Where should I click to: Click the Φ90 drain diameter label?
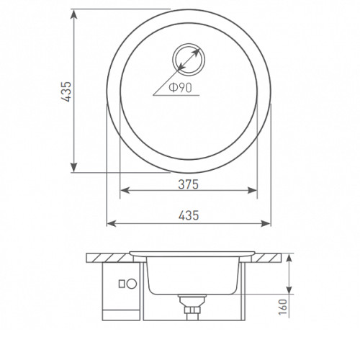[x=181, y=88]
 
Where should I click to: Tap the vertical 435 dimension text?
[x=66, y=91]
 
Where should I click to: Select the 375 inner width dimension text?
[x=189, y=184]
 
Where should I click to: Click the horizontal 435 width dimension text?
[x=189, y=215]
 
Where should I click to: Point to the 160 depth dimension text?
[x=283, y=307]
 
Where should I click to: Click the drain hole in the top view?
[x=189, y=60]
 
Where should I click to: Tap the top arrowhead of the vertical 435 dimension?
[x=74, y=14]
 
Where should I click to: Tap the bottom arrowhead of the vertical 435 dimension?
[x=74, y=167]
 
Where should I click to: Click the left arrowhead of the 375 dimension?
[x=125, y=191]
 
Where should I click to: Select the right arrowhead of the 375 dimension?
[x=252, y=191]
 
